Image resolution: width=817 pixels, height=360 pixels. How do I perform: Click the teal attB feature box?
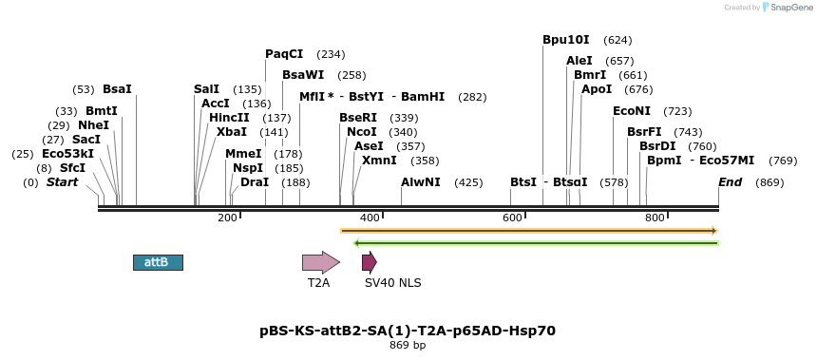[x=158, y=262]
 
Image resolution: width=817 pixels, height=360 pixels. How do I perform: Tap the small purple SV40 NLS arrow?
[x=370, y=262]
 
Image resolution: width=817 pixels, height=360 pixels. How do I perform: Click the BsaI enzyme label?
[x=117, y=89]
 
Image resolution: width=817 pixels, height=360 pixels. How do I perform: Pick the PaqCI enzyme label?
[x=284, y=54]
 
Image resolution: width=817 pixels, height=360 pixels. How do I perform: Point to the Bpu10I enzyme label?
[x=566, y=40]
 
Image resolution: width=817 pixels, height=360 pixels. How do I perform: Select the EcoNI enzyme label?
[x=631, y=111]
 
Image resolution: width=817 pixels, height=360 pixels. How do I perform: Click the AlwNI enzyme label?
[x=421, y=181]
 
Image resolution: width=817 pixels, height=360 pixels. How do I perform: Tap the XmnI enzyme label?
[x=379, y=161]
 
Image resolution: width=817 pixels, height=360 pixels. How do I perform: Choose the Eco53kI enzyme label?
[x=67, y=154]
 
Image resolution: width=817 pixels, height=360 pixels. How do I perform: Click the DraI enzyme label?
[x=255, y=181]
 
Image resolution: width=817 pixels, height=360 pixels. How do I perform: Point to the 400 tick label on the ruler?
[x=370, y=218]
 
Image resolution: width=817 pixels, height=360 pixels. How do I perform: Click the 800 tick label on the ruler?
[x=655, y=218]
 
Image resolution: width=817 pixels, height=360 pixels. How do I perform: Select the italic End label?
[x=731, y=181]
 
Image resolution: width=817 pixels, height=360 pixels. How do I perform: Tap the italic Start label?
[x=63, y=181]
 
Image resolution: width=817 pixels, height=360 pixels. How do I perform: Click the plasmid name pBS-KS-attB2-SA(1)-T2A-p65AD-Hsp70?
[x=408, y=331]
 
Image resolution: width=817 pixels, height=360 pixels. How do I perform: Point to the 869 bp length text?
[x=408, y=345]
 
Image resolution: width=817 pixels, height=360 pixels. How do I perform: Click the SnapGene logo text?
[x=790, y=8]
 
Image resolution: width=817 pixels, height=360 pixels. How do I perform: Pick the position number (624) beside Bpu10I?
[x=617, y=40]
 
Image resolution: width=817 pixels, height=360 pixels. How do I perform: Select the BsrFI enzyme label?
[x=644, y=132]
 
